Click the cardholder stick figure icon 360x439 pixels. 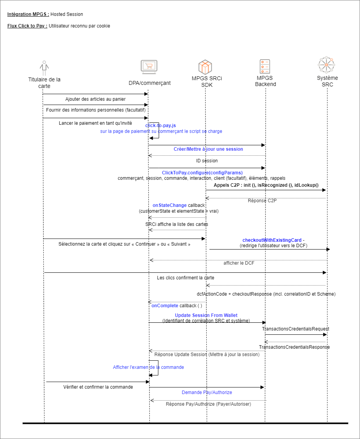point(45,68)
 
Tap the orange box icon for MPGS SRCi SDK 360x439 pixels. point(205,67)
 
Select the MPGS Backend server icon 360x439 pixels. point(265,67)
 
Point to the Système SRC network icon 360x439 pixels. point(326,65)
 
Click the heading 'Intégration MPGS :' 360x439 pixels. point(28,14)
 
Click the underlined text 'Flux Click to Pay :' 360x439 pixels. point(27,26)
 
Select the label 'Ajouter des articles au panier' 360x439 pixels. point(95,99)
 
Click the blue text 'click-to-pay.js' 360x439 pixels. point(161,126)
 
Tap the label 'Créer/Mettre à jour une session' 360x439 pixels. point(208,149)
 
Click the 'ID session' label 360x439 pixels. point(207,161)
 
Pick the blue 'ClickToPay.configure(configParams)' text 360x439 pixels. point(202,172)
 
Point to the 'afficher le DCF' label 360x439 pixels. point(239,263)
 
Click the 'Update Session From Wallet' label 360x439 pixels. point(206,315)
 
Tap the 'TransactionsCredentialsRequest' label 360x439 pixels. point(295,329)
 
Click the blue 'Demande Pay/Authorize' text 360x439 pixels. point(207,393)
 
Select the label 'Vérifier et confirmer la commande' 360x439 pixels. point(98,387)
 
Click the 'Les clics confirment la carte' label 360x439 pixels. point(185,278)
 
